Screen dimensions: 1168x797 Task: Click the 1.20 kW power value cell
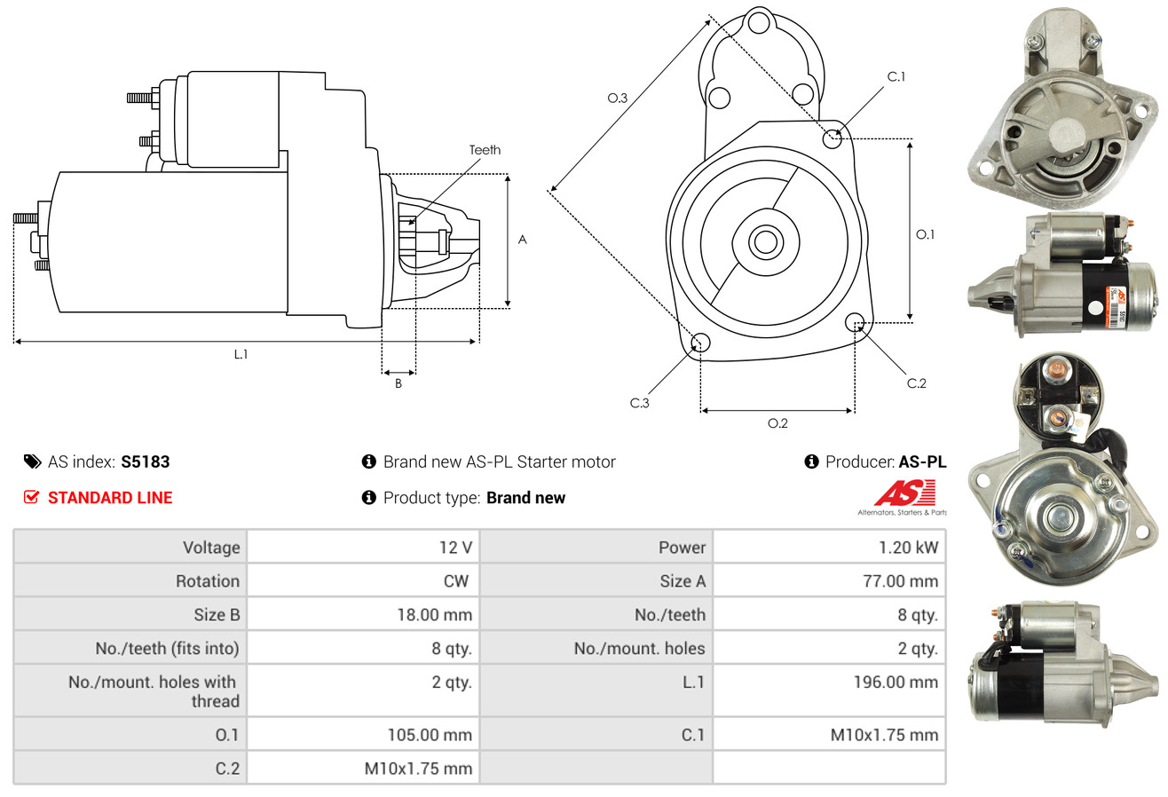[908, 548]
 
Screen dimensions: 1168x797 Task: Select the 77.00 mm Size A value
[901, 580]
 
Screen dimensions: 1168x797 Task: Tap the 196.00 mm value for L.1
[896, 682]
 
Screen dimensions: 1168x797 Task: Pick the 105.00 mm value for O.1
[430, 735]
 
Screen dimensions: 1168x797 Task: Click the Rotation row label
[208, 580]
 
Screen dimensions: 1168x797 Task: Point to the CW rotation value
[455, 580]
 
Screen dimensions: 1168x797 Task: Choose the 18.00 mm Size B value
[434, 614]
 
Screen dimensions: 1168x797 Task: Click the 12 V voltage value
[455, 548]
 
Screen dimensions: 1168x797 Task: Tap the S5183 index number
[145, 462]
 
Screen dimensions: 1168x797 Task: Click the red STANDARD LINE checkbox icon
[31, 497]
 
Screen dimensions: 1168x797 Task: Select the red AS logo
[904, 493]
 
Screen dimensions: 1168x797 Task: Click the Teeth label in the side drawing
[485, 150]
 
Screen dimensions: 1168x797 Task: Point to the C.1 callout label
[896, 76]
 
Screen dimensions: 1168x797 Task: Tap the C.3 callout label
[639, 403]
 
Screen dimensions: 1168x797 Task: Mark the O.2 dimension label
[777, 423]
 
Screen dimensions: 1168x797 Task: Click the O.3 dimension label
[618, 98]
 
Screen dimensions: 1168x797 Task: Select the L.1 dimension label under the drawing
[241, 354]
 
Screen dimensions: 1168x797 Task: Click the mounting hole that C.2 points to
[855, 322]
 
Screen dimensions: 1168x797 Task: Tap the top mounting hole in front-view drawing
[759, 23]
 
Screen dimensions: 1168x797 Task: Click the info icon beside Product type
[368, 497]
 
